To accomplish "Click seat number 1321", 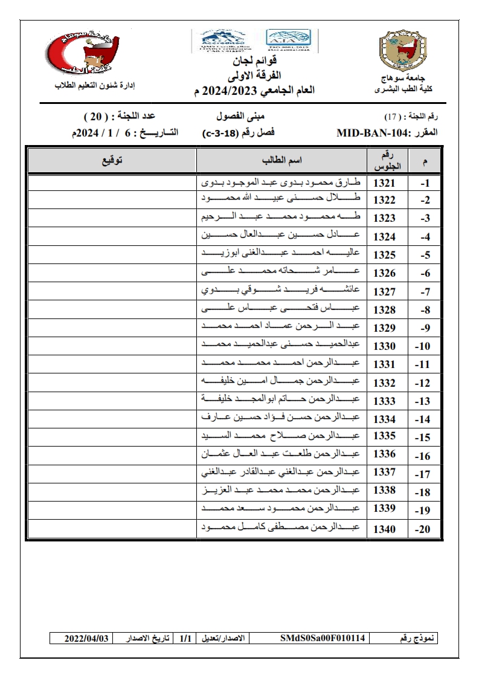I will pos(384,182).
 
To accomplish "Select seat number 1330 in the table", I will pos(384,346).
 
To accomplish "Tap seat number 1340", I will pos(384,529).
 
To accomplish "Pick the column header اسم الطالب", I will pos(281,161).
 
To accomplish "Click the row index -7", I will pos(425,292).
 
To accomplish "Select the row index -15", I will pos(423,437).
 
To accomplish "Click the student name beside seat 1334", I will pos(281,419).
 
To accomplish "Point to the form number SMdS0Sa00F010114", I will pos(323,638).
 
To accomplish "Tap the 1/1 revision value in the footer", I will pos(185,638).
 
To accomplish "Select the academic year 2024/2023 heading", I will pos(254,91).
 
